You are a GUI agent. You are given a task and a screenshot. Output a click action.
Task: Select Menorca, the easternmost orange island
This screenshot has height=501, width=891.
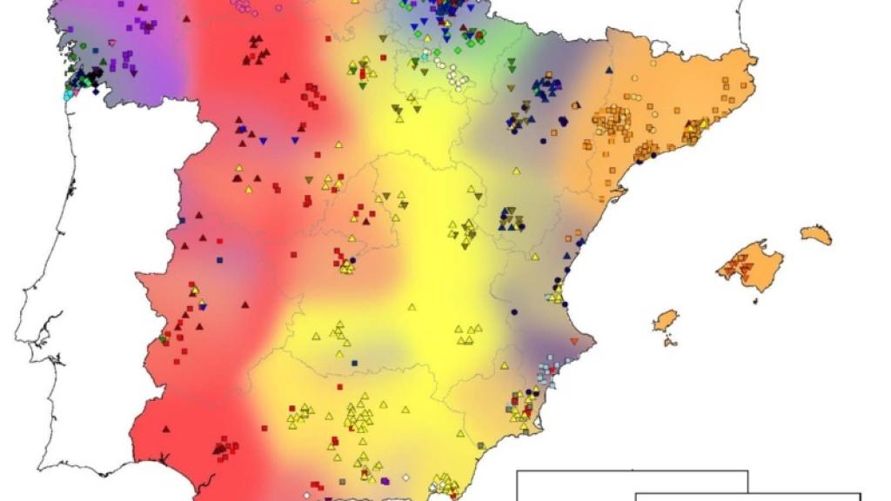(816, 235)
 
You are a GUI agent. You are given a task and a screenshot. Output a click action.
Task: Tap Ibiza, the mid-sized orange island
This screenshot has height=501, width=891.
(666, 320)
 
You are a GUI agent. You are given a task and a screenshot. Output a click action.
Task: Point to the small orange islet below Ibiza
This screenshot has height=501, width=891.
(670, 341)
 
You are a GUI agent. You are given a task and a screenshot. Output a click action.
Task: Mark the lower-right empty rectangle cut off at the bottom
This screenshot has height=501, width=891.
(748, 497)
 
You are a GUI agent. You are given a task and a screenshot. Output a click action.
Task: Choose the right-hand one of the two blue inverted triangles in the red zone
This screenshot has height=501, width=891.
(295, 140)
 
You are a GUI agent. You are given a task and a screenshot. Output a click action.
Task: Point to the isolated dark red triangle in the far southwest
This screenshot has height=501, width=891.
(166, 428)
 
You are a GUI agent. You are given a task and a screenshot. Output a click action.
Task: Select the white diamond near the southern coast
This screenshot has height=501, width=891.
(405, 478)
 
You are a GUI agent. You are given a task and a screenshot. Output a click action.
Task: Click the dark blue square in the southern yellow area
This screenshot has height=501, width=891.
(355, 360)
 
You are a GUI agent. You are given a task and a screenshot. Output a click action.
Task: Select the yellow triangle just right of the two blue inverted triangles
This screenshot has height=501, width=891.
(338, 144)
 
